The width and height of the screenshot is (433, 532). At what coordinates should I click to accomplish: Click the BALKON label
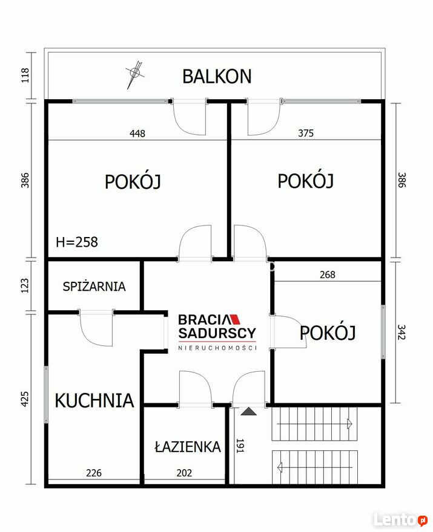coord(217,76)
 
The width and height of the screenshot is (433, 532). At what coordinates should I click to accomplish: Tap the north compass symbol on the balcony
coord(135,73)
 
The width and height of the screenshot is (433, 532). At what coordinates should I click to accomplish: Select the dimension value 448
coord(137,134)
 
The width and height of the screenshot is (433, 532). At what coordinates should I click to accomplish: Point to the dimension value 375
coord(306,133)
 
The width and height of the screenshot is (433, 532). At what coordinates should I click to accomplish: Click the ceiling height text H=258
coord(77,242)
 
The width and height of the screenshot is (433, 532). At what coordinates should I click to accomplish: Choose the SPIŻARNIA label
coord(94,287)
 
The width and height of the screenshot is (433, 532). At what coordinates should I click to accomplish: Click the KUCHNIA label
coord(94,400)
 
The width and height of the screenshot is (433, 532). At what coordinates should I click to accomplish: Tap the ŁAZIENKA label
coord(188,447)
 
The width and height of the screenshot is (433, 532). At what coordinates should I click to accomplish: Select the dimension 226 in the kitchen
coord(94,473)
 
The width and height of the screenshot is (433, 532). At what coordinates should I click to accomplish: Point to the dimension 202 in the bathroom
coord(184,473)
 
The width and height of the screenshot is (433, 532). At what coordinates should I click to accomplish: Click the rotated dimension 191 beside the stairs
coord(240,446)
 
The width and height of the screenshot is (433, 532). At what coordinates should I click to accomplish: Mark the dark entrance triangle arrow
coord(248,411)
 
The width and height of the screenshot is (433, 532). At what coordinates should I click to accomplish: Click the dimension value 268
coord(327,274)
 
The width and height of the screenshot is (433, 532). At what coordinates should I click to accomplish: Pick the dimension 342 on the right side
coord(402,332)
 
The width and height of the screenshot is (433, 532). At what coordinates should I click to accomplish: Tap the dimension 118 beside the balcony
coord(25,76)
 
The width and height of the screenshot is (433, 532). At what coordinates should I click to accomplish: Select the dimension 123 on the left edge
coord(25,286)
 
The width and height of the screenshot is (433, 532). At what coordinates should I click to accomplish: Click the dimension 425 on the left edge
coord(25,399)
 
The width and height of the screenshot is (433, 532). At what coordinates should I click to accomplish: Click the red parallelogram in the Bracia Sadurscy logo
coord(234,319)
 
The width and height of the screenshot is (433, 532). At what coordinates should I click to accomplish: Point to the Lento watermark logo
coord(400,519)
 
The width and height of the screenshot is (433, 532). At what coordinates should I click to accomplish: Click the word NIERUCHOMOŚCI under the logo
coord(217,348)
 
